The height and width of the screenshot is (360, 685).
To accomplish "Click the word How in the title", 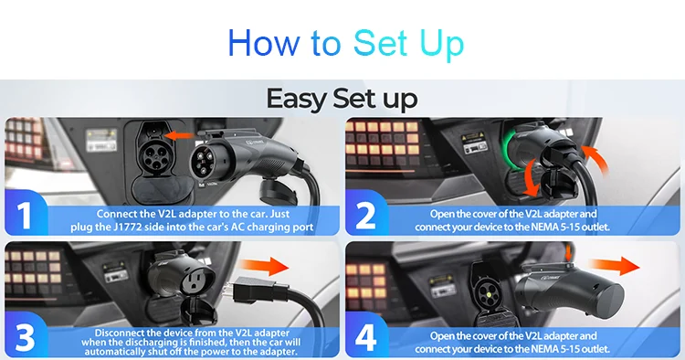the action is click(263, 43).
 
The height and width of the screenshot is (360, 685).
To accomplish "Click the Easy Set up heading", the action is click(342, 99).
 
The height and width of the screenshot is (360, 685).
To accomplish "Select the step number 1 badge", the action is click(25, 215).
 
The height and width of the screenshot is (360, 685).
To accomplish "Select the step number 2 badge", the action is click(365, 216).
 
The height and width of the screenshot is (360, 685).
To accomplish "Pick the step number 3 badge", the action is click(25, 337).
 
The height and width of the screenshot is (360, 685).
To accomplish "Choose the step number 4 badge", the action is click(365, 337).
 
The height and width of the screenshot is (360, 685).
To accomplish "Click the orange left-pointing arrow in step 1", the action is click(180, 136).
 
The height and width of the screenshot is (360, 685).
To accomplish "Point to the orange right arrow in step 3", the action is click(265, 266).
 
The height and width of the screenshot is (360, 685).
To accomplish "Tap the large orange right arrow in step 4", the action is click(615, 266).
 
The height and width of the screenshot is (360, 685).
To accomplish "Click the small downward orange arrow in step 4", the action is click(568, 252).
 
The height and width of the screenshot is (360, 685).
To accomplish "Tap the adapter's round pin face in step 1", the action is click(205, 164).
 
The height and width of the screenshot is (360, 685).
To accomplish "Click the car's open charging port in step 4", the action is click(486, 292).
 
